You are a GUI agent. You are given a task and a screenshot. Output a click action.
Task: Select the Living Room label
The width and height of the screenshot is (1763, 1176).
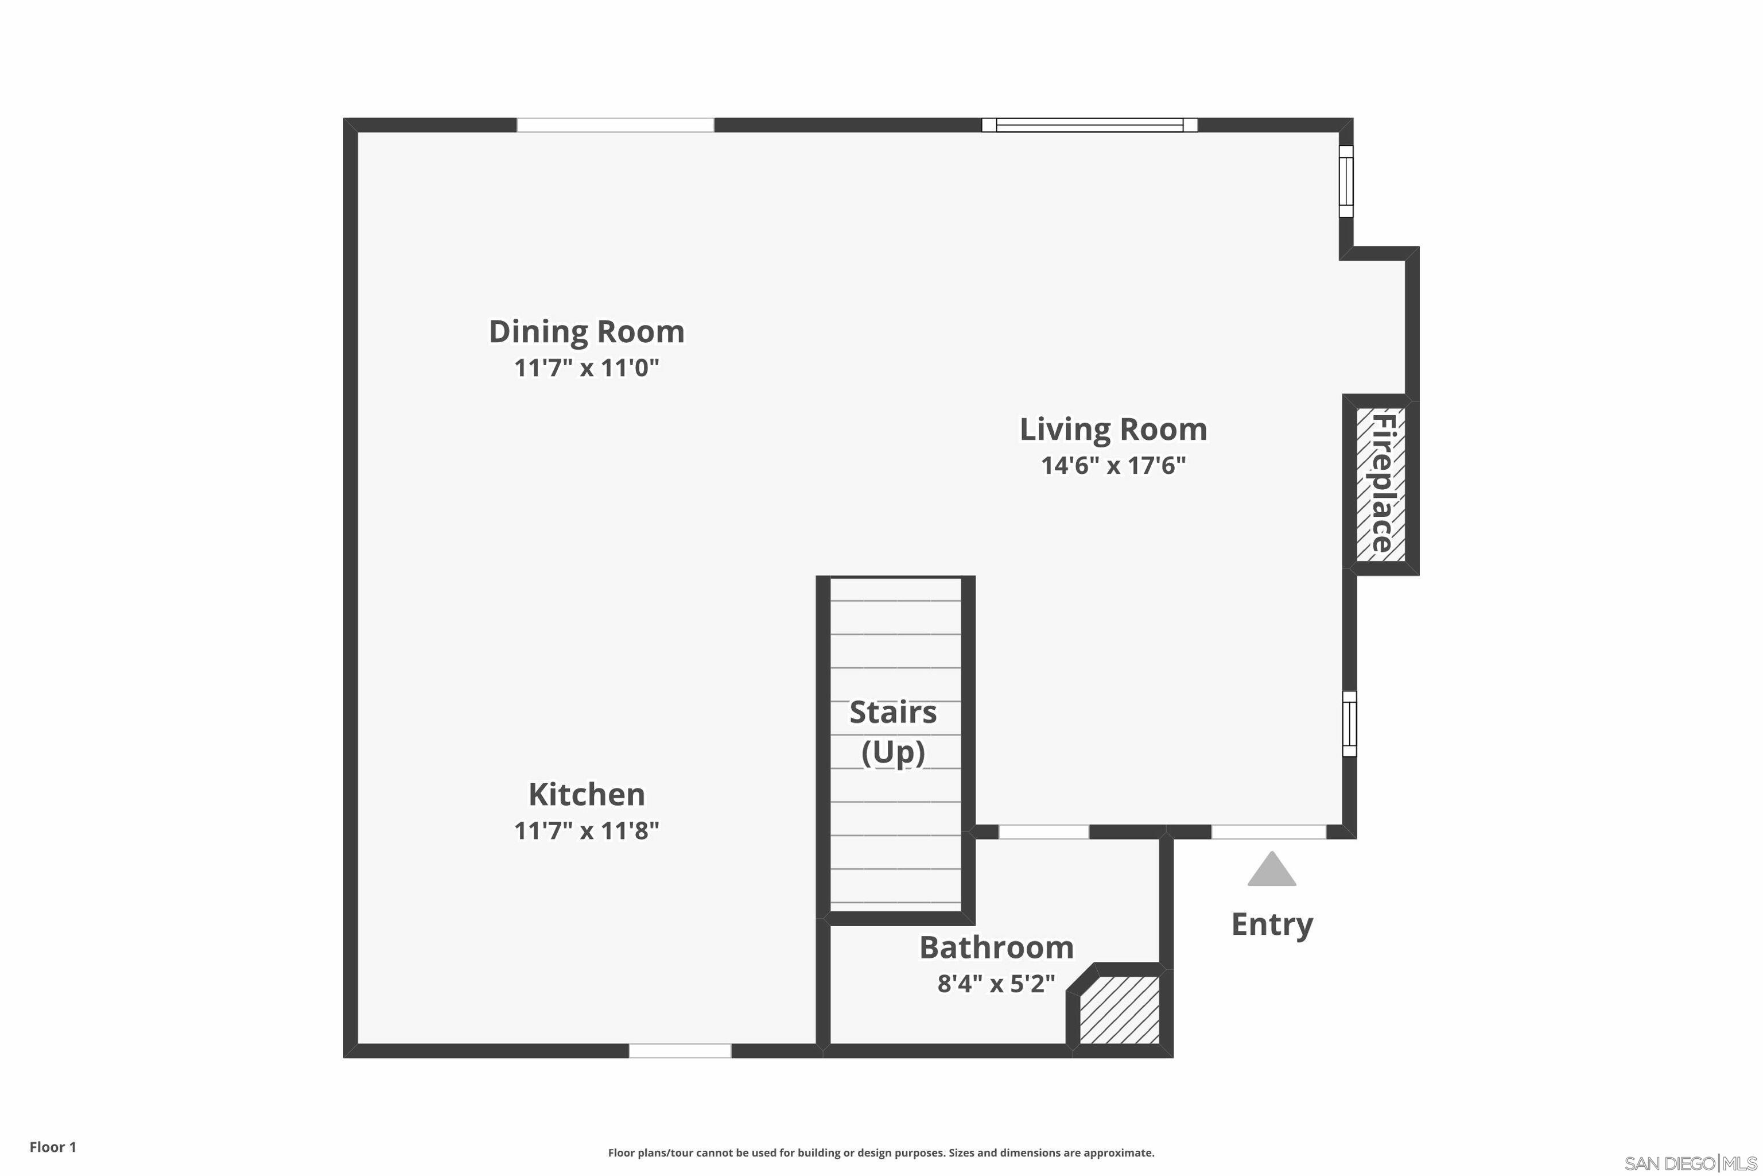tap(1113, 429)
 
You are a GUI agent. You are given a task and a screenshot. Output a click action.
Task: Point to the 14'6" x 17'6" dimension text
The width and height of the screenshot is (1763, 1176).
tap(1113, 466)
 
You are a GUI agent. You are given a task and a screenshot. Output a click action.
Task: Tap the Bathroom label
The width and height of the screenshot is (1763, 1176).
tap(996, 947)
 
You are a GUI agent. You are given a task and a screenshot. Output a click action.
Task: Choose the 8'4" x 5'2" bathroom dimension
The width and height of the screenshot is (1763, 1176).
tap(996, 983)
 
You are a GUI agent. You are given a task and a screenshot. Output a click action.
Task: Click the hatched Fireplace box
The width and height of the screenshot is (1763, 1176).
tap(1380, 483)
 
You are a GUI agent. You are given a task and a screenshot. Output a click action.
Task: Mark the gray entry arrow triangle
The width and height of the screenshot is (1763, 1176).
tap(1271, 870)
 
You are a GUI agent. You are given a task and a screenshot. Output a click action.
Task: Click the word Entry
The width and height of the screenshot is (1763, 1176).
tap(1271, 924)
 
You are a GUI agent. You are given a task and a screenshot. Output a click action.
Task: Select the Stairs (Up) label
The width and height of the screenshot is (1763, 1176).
tap(893, 731)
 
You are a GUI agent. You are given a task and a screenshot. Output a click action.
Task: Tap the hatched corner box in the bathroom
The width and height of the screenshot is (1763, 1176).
tap(1119, 1009)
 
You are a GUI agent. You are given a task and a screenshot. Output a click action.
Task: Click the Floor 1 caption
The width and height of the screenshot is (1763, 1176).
tap(52, 1147)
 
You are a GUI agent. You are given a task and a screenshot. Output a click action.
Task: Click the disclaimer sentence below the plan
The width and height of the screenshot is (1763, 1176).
tap(881, 1153)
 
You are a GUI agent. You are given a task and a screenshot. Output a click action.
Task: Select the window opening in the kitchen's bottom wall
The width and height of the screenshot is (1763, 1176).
tap(680, 1051)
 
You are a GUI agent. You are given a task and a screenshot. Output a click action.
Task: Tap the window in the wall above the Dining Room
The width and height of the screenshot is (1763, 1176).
tap(615, 125)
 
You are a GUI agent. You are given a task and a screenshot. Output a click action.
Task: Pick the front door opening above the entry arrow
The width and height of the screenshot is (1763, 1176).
tap(1268, 831)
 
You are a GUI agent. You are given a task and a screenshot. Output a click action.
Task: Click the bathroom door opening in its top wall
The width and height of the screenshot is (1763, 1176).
tap(1043, 831)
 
